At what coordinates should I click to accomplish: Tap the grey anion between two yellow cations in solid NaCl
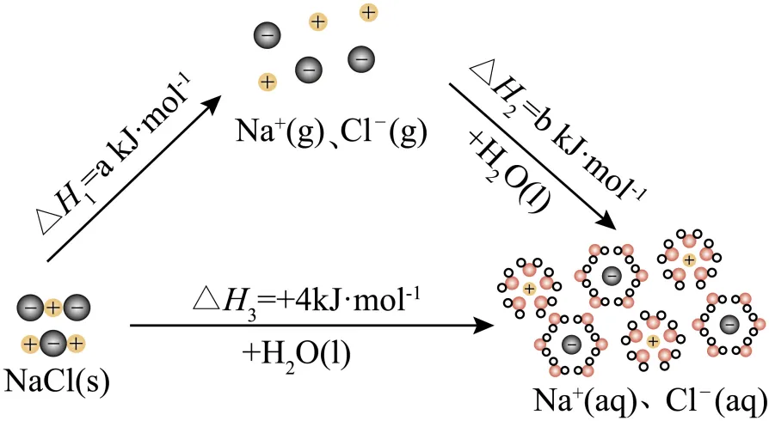[x=52, y=345]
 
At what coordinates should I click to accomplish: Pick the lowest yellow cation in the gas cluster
[x=268, y=82]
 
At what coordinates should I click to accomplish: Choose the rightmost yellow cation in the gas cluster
[x=368, y=13]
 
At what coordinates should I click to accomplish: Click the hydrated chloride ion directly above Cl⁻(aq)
[x=729, y=325]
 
